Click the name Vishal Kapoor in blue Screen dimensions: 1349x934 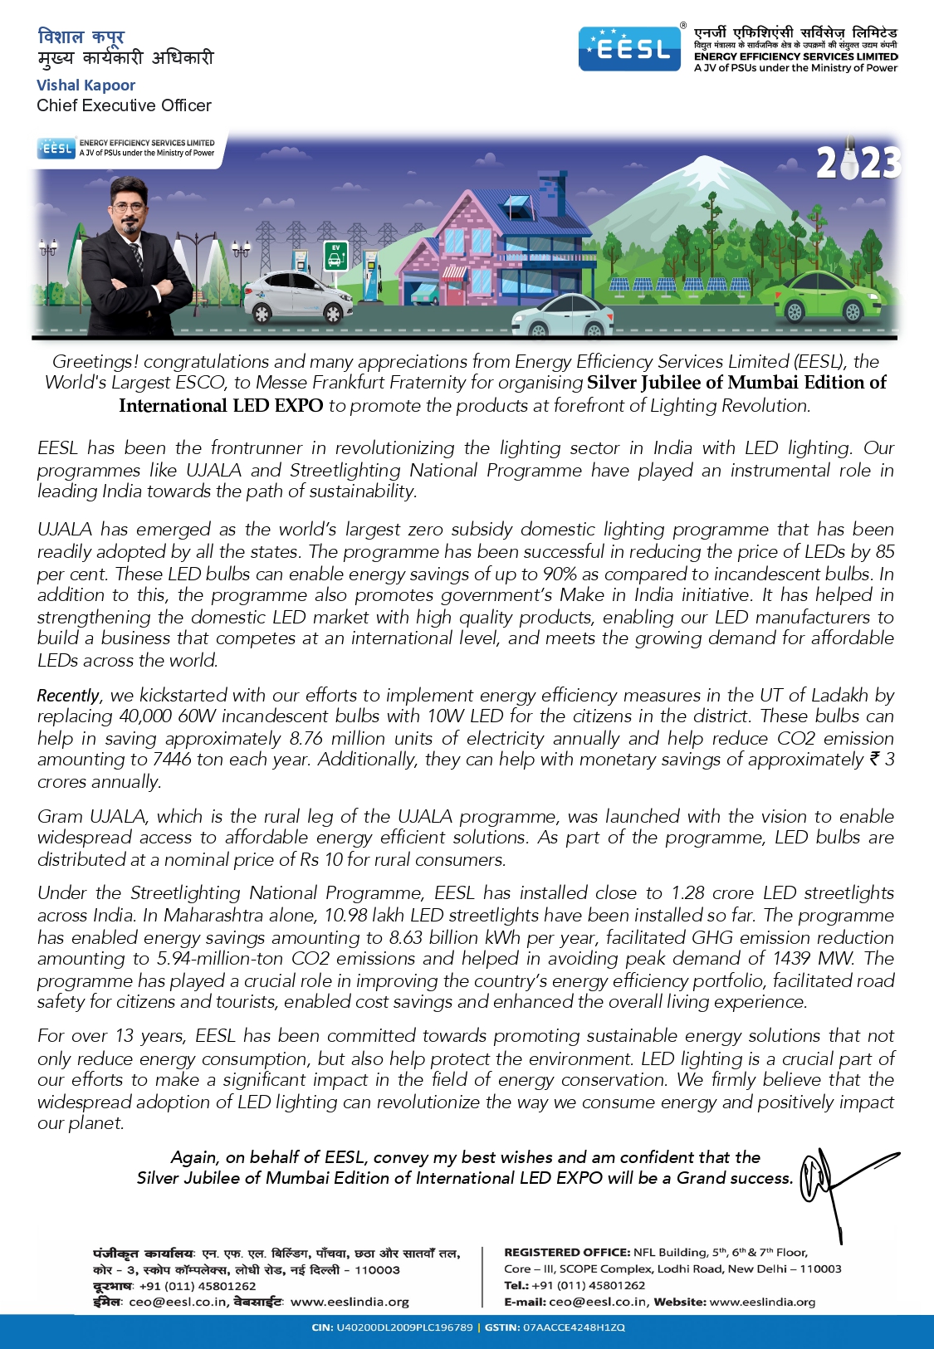click(x=86, y=86)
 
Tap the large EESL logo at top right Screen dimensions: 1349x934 click(x=629, y=49)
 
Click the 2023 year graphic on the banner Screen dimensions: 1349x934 click(x=858, y=163)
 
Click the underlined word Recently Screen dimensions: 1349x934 click(x=68, y=696)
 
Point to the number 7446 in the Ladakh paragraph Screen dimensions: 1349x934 click(x=172, y=760)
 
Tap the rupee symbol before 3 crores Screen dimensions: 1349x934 click(x=874, y=759)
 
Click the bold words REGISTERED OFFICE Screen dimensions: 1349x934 click(x=566, y=1253)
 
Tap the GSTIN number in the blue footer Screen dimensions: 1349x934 click(x=573, y=1327)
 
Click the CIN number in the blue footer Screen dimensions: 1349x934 click(x=403, y=1327)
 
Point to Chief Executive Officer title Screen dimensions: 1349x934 click(x=124, y=105)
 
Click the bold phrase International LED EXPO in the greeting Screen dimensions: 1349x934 click(x=221, y=406)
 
